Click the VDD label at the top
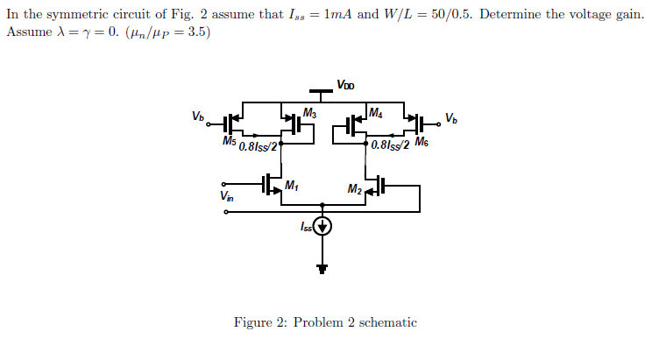click(x=346, y=85)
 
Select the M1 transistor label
click(x=292, y=185)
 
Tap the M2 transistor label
click(x=355, y=189)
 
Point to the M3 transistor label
click(x=308, y=113)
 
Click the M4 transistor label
click(x=375, y=112)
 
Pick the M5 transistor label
click(x=230, y=141)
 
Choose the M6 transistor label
click(x=422, y=142)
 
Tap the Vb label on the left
click(x=198, y=116)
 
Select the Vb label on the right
click(x=450, y=117)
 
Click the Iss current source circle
click(x=323, y=228)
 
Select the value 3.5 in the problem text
click(x=192, y=32)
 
